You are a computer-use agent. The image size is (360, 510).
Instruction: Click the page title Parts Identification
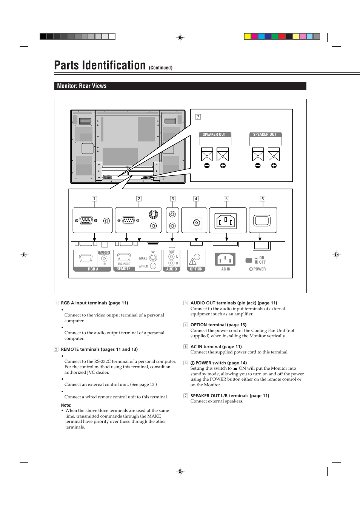pyautogui.click(x=100, y=65)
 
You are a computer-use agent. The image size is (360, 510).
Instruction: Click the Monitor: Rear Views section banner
pyautogui.click(x=82, y=86)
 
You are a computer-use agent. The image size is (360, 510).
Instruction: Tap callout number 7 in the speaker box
pyautogui.click(x=198, y=117)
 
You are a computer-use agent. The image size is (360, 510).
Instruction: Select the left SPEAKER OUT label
pyautogui.click(x=214, y=134)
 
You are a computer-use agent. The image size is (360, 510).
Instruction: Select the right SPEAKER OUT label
pyautogui.click(x=265, y=134)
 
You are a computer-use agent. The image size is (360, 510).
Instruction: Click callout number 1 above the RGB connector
pyautogui.click(x=94, y=199)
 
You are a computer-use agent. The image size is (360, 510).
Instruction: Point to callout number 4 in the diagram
pyautogui.click(x=196, y=199)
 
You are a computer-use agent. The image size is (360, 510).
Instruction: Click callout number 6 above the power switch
pyautogui.click(x=263, y=199)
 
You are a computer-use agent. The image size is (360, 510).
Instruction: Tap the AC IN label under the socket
pyautogui.click(x=226, y=269)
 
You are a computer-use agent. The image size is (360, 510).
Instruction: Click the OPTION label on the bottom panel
pyautogui.click(x=196, y=269)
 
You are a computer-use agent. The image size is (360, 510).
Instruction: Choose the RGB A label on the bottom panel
pyautogui.click(x=93, y=269)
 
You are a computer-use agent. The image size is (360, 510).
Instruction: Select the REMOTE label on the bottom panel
pyautogui.click(x=123, y=269)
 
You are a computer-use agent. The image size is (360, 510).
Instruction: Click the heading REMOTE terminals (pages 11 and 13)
pyautogui.click(x=99, y=349)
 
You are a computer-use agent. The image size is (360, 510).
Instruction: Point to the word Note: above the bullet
pyautogui.click(x=66, y=405)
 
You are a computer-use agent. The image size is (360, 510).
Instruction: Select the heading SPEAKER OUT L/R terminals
pyautogui.click(x=229, y=396)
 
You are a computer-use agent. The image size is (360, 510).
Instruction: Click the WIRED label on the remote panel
pyautogui.click(x=143, y=266)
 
